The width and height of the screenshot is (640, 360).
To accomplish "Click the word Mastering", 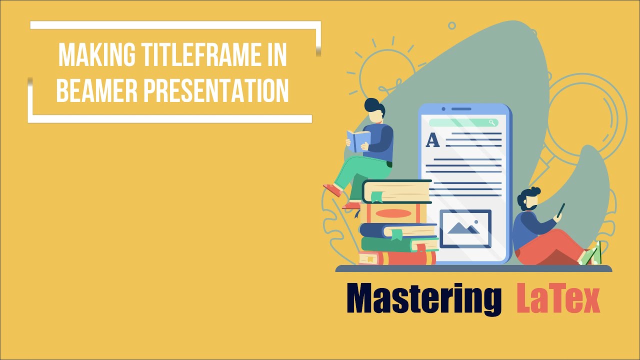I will (424, 299).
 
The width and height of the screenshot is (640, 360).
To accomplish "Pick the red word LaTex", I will (558, 299).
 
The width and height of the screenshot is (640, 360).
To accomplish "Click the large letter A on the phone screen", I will (432, 140).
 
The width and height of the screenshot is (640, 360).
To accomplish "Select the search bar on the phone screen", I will (463, 122).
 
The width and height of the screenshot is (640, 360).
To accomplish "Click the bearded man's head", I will (529, 199).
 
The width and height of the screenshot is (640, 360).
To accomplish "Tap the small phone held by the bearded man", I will (561, 209).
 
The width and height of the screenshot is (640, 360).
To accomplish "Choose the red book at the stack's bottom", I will (397, 258).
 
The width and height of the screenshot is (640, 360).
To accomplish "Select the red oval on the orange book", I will (393, 213).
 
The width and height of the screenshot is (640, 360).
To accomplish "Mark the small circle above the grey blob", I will (452, 25).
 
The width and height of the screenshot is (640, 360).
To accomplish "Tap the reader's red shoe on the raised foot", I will (332, 190).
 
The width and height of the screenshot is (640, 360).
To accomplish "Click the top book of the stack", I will (396, 191).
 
